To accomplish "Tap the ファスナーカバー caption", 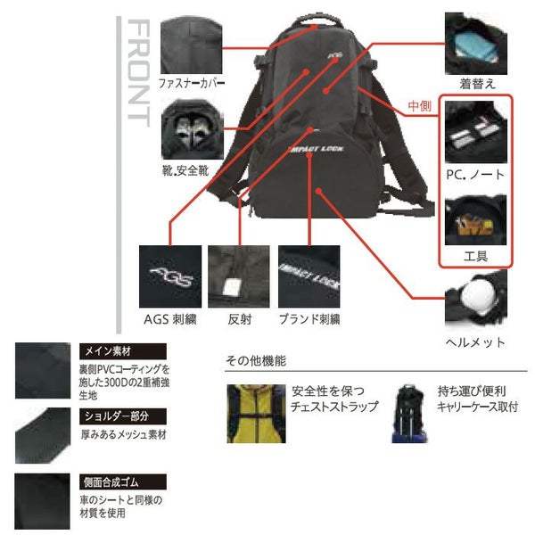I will coord(190,85).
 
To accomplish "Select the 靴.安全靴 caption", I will coord(184,169).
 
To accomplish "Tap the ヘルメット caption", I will coord(475,342).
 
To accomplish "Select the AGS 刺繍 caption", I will coord(170,319).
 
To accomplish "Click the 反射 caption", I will coord(237,319).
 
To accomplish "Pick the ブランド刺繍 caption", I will coord(309,319).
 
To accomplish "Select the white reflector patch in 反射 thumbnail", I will coord(229,285).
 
